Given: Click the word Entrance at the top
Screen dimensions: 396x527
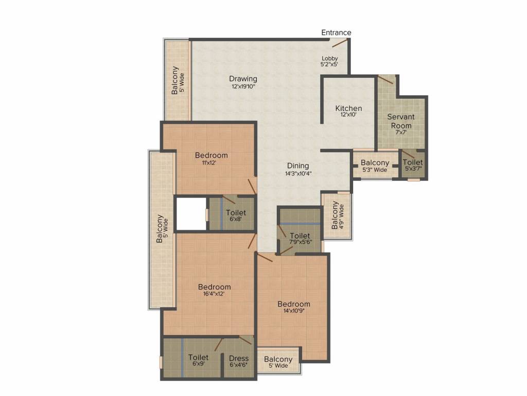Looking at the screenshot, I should tap(336, 32).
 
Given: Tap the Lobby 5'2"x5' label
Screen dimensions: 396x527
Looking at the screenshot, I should tap(330, 61).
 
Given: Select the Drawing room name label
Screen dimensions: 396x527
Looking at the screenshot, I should tap(243, 79).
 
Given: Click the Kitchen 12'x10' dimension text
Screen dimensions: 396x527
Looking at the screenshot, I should tap(348, 115).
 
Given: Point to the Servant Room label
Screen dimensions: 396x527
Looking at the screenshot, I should tap(400, 121).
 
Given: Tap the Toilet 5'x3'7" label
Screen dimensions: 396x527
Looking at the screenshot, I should tap(413, 165).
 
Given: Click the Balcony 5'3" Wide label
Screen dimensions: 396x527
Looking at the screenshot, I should tap(375, 166).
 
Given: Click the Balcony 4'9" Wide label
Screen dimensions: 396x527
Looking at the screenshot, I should tap(338, 216).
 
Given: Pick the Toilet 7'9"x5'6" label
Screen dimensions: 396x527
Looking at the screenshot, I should tap(300, 239).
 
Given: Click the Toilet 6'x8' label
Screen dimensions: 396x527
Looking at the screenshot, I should tap(236, 215).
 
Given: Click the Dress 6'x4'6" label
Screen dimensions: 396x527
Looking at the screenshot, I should tap(239, 361).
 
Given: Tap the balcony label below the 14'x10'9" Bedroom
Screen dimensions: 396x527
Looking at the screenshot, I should tap(278, 362).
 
